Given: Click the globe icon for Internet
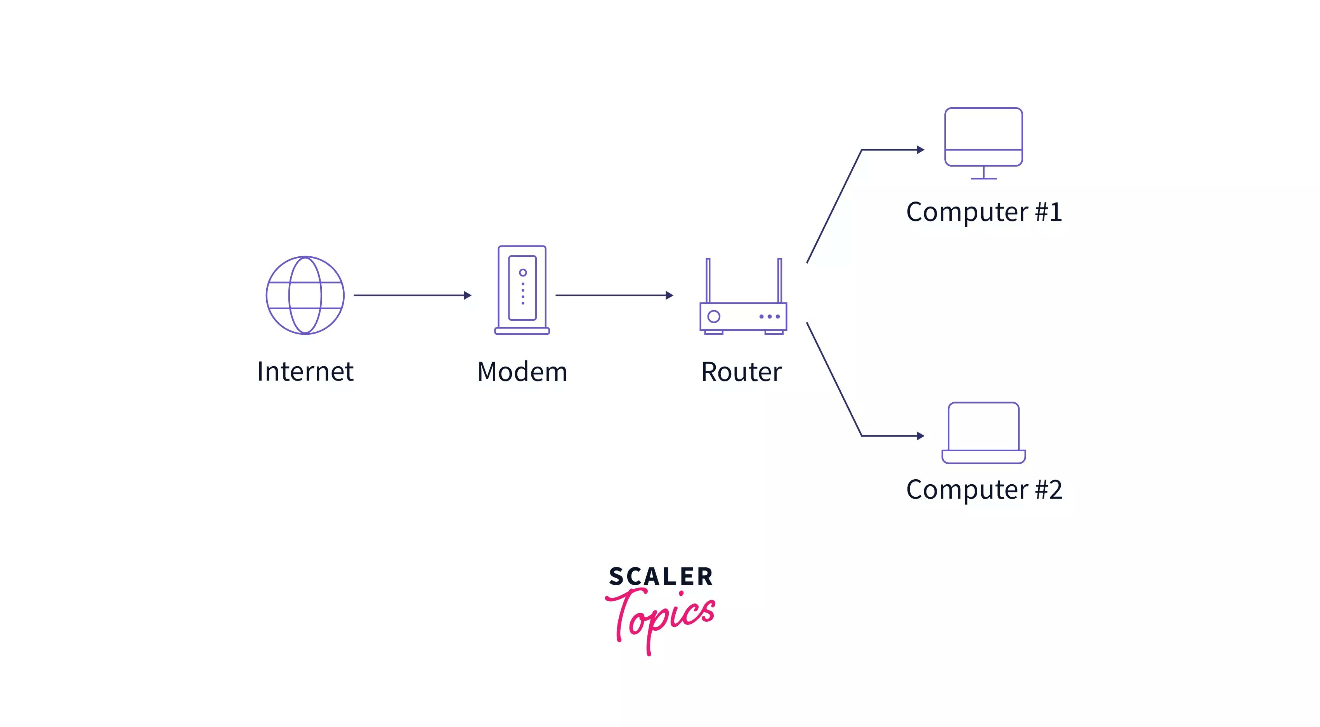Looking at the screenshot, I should tap(305, 295).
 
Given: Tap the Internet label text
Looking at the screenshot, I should tap(305, 371).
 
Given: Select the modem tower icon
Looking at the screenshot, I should tap(522, 290).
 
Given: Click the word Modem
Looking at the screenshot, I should tap(522, 372).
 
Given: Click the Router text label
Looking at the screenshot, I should tap(741, 372).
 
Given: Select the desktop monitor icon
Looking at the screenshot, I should tap(983, 138).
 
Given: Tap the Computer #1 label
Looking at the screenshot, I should tap(984, 212).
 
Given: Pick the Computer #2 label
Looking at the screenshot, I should tap(984, 489).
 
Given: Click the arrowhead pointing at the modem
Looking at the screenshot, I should tap(467, 295).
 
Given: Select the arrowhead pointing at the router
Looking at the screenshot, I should tap(669, 295).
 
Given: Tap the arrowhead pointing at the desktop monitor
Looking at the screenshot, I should tap(920, 150).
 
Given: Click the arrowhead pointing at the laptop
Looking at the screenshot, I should tap(920, 436).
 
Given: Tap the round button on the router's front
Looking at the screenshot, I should tap(714, 317).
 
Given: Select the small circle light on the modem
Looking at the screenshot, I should tap(523, 272).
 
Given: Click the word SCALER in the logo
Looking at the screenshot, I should tap(661, 576).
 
